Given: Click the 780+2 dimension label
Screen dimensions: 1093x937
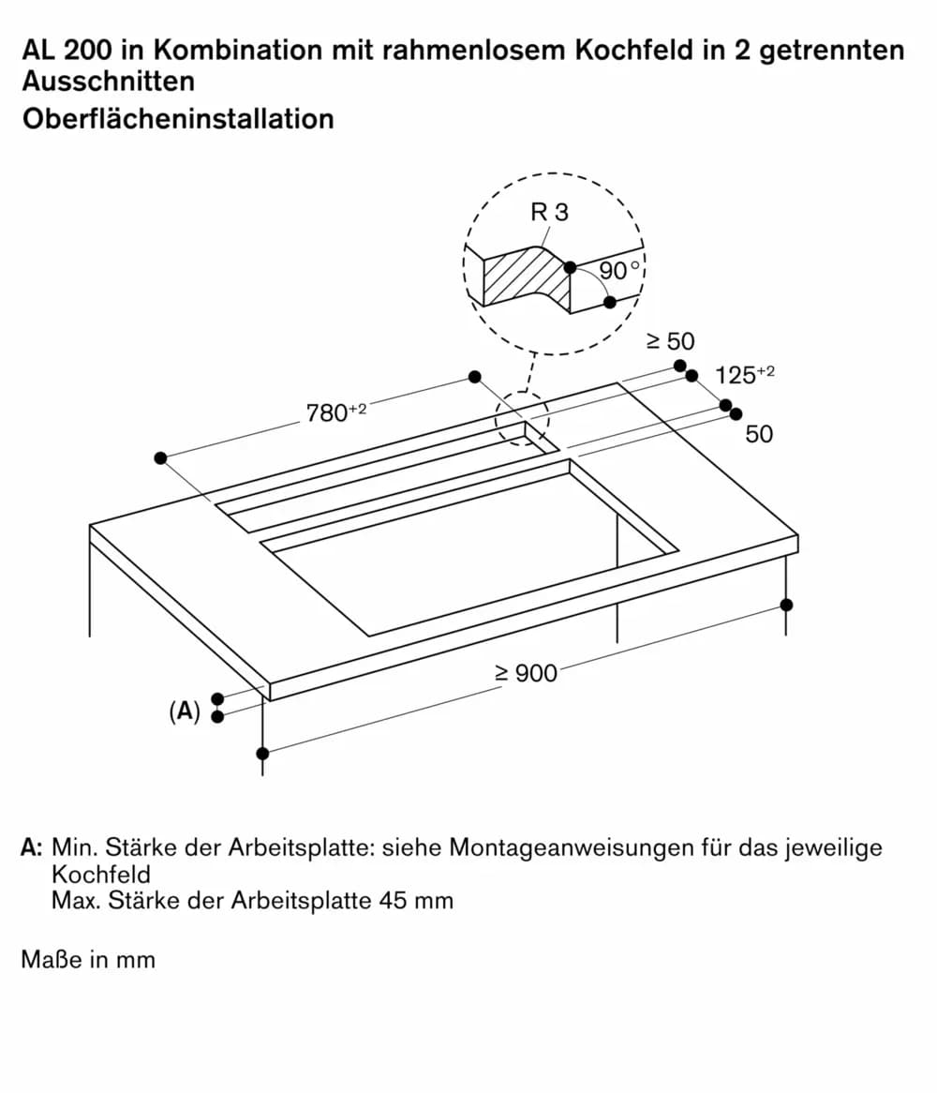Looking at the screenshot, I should pyautogui.click(x=335, y=412).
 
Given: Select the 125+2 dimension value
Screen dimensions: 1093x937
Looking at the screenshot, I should pyautogui.click(x=744, y=375).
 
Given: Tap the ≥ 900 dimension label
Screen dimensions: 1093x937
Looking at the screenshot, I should pyautogui.click(x=526, y=672).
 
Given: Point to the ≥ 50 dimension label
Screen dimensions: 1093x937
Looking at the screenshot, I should pyautogui.click(x=671, y=341).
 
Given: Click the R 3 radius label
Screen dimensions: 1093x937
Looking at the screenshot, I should pyautogui.click(x=549, y=213).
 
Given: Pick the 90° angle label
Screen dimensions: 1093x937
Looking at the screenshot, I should pyautogui.click(x=618, y=271).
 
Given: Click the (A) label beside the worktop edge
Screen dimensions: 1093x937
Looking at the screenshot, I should pyautogui.click(x=185, y=711).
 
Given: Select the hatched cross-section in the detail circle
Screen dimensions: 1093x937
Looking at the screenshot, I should pyautogui.click(x=525, y=278).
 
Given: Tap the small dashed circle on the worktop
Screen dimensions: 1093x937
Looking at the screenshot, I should pyautogui.click(x=521, y=418).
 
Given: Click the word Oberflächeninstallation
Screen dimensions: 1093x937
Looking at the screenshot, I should pyautogui.click(x=178, y=119).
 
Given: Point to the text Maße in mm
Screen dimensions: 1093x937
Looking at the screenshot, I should pyautogui.click(x=88, y=960).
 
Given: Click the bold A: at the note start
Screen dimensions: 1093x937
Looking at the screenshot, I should pyautogui.click(x=32, y=848).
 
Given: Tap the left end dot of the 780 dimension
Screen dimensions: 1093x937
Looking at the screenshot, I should pyautogui.click(x=161, y=457).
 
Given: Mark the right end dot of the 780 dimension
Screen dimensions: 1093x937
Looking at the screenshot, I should pyautogui.click(x=475, y=377).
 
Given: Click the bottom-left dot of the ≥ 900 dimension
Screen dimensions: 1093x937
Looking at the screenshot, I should pyautogui.click(x=263, y=753).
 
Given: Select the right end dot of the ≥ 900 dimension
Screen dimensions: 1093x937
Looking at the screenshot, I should pyautogui.click(x=786, y=605).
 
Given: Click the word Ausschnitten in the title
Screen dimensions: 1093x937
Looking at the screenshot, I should pyautogui.click(x=109, y=81).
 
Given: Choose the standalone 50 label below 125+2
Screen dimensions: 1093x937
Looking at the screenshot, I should pyautogui.click(x=759, y=434).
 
